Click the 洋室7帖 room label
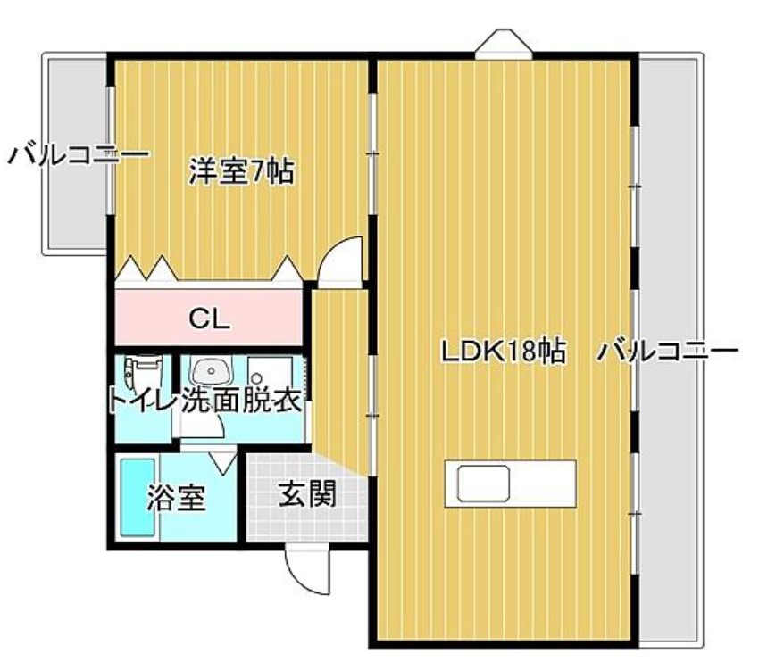(241, 171)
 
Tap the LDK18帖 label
(504, 351)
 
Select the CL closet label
(209, 319)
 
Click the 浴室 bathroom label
(177, 498)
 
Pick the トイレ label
(140, 401)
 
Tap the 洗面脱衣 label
(242, 401)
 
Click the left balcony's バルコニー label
(78, 156)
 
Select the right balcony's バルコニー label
(668, 351)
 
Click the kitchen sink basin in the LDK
(484, 484)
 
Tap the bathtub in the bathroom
(138, 498)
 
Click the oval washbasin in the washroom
(211, 372)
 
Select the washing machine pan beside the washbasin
(270, 373)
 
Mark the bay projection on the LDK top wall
(504, 44)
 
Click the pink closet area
(209, 318)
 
